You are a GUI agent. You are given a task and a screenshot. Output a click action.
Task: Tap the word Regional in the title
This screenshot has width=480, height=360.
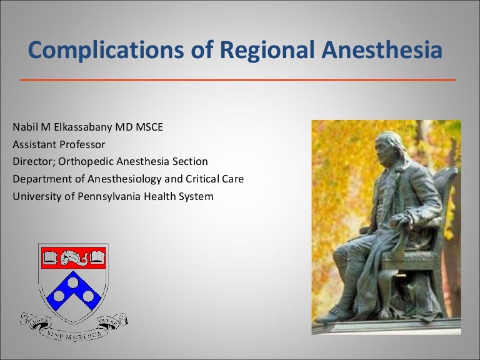(247, 50)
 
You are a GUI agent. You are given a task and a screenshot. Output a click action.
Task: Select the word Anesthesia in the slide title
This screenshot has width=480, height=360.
(381, 50)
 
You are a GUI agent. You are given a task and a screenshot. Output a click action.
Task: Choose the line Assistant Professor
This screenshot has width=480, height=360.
(59, 144)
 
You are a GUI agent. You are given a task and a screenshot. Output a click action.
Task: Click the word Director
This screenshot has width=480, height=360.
(32, 162)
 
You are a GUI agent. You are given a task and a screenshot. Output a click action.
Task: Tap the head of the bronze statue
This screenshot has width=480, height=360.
(389, 145)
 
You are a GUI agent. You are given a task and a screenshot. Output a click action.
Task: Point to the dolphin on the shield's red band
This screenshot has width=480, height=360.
(74, 256)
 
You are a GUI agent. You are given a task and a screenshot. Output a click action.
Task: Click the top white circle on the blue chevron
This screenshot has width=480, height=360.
(74, 282)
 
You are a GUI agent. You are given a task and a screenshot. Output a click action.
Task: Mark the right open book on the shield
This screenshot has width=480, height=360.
(96, 256)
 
